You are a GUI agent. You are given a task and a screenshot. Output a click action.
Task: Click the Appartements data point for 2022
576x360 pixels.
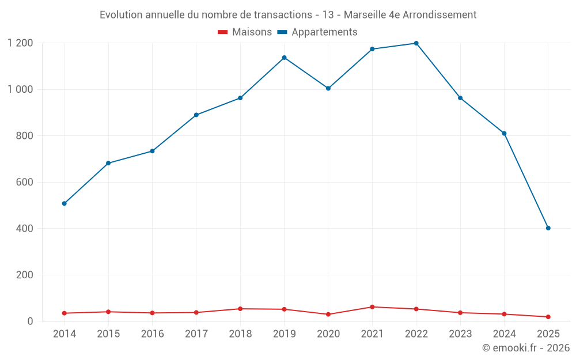pos(416,43)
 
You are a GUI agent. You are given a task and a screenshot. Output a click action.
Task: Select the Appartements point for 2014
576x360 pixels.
pos(64,203)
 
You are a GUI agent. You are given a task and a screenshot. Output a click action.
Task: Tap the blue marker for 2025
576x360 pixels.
pos(548,228)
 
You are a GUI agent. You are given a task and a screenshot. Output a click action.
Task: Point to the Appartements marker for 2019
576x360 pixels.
pos(284,58)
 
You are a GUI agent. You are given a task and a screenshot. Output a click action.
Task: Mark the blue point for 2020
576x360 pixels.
pos(328,88)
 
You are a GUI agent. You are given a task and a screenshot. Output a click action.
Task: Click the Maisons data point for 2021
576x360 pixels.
pos(372,307)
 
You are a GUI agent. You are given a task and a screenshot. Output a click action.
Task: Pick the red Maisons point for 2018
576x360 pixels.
pos(240,309)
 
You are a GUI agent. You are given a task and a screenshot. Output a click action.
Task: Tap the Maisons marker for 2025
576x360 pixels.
pos(548,317)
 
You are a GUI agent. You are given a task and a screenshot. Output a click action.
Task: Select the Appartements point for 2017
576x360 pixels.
pos(196,115)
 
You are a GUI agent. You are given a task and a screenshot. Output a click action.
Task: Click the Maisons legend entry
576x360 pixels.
pos(245,32)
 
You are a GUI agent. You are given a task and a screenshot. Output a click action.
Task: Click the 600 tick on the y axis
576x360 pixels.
pos(24,182)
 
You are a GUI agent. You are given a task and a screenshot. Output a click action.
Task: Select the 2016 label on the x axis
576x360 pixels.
pos(152,334)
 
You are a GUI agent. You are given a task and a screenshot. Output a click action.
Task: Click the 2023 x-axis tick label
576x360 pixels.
pos(460,334)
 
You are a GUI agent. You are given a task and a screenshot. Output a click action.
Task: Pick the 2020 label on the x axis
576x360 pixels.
pos(328,334)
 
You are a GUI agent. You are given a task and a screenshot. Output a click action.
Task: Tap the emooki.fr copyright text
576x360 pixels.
pos(526,348)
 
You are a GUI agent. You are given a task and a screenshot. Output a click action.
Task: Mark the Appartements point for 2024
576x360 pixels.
pos(504,134)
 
